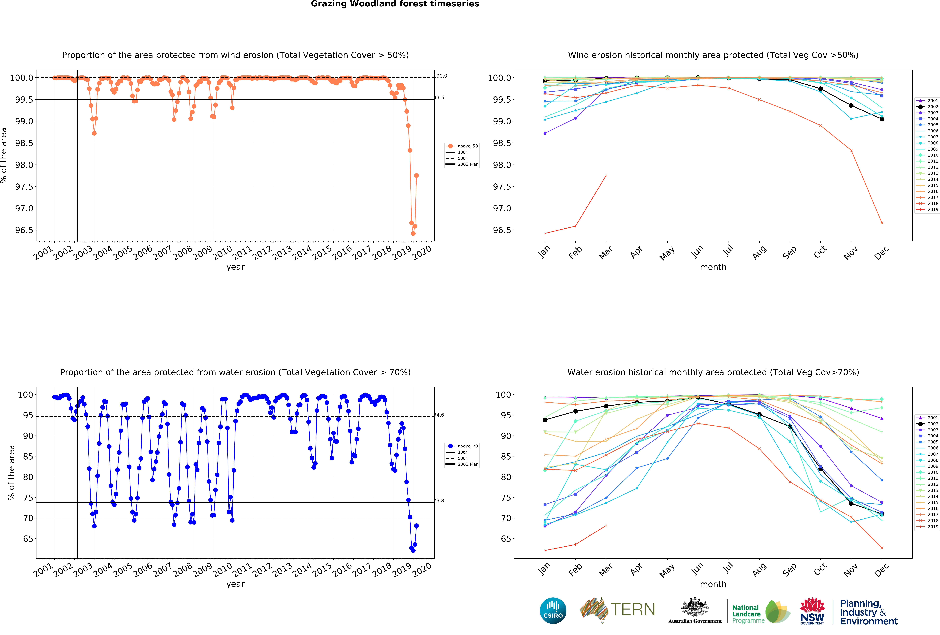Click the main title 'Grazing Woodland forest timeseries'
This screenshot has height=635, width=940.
tap(395, 4)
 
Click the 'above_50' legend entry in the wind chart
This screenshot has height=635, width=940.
tap(467, 146)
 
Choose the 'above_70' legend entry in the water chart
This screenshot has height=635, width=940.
tap(467, 446)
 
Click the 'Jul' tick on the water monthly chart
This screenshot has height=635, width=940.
tap(728, 568)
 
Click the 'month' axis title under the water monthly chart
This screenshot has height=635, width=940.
tap(713, 584)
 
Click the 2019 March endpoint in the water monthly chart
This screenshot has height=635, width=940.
tap(606, 525)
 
